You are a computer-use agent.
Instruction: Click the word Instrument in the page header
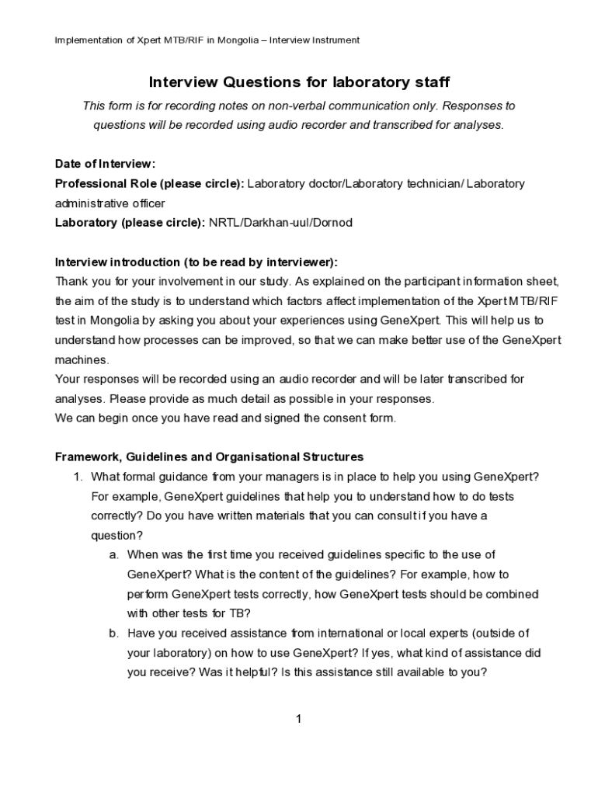coord(335,40)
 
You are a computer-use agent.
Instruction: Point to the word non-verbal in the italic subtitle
coord(297,106)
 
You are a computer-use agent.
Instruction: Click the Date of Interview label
coord(105,164)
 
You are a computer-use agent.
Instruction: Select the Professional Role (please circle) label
coord(149,184)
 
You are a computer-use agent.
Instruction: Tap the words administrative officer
coord(110,203)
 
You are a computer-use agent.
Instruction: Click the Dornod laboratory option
coord(332,223)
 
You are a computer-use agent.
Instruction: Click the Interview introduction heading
coord(196,262)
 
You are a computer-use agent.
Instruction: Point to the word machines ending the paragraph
coord(82,360)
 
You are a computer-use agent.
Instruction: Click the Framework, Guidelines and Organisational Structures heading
coord(209,457)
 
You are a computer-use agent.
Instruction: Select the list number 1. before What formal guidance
coord(77,477)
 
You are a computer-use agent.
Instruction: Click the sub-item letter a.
coord(113,555)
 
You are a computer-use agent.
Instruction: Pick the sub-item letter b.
coord(113,634)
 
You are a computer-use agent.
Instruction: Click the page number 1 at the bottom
coord(298,719)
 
